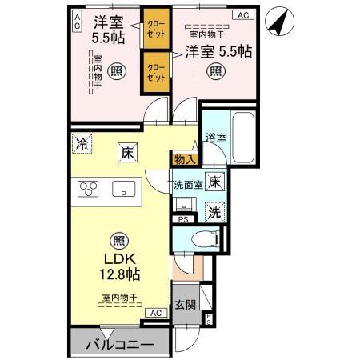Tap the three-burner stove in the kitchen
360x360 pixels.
[88, 190]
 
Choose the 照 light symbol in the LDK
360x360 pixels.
[118, 240]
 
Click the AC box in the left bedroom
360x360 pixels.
[78, 21]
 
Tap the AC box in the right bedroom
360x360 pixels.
[241, 15]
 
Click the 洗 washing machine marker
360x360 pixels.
[214, 212]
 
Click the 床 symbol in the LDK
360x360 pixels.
[126, 150]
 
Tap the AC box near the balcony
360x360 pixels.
[154, 313]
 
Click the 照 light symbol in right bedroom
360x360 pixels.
[216, 72]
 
